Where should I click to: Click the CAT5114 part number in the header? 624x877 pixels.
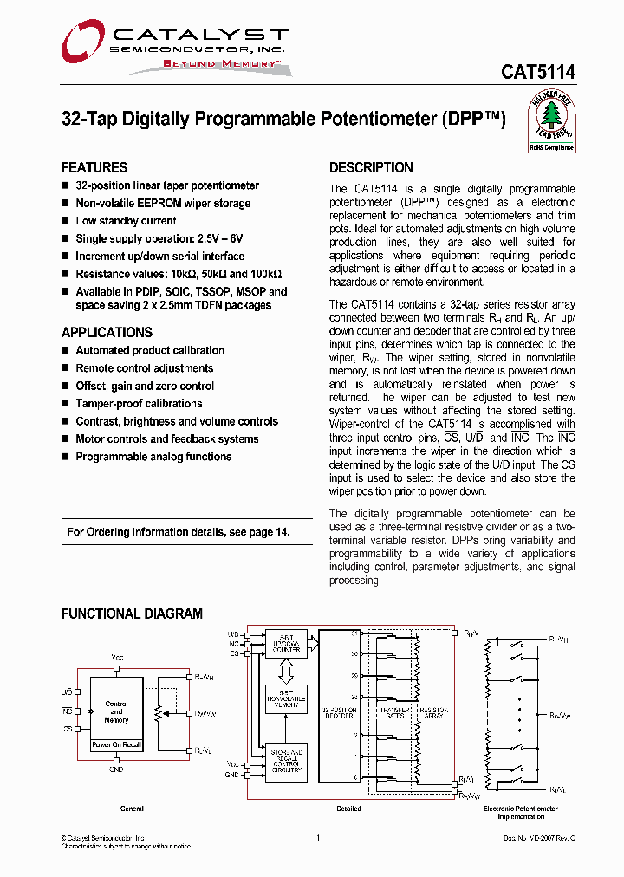[x=537, y=74]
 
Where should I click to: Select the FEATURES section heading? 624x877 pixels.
[x=94, y=167]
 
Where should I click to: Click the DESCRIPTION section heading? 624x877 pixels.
[x=371, y=167]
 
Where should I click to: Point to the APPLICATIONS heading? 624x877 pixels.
[x=107, y=332]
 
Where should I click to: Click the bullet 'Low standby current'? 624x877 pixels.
[x=126, y=221]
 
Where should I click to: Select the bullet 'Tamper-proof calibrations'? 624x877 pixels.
[x=139, y=404]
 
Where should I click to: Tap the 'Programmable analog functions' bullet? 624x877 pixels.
[x=153, y=457]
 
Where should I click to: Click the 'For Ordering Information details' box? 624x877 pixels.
[x=179, y=532]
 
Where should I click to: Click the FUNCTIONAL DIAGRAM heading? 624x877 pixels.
[x=132, y=614]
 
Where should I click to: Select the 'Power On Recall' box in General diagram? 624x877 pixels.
[x=116, y=745]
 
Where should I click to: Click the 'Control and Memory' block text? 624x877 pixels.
[x=116, y=712]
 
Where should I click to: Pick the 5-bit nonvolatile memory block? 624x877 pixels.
[x=286, y=698]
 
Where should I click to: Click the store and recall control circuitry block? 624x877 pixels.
[x=286, y=763]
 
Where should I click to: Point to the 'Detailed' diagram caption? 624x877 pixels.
[x=348, y=809]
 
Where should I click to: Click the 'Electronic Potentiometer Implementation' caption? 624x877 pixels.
[x=520, y=812]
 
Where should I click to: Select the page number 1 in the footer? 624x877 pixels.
[x=318, y=837]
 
